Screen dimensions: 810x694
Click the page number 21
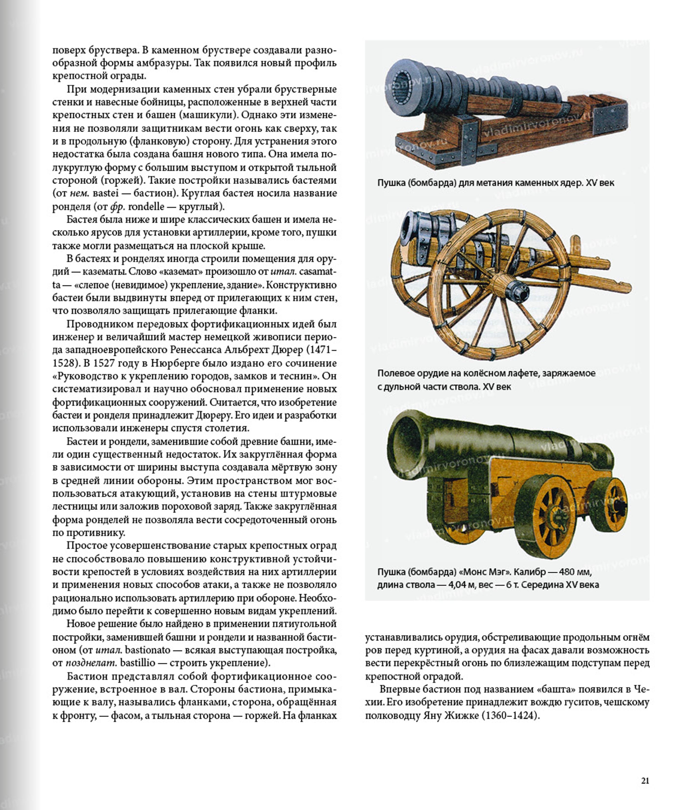pyautogui.click(x=645, y=781)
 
